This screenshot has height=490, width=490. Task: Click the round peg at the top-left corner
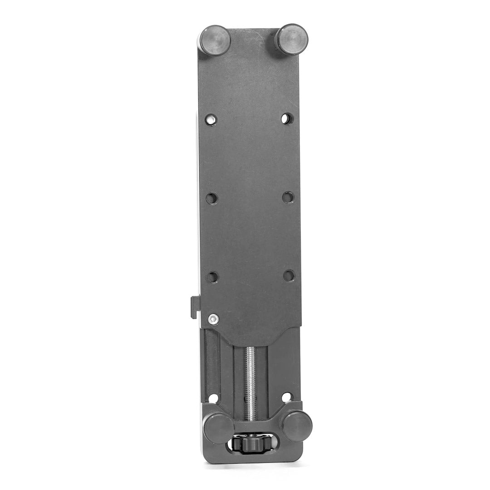coord(214,40)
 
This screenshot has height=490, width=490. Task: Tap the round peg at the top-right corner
coord(292,39)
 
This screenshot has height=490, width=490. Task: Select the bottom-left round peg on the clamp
coord(218,428)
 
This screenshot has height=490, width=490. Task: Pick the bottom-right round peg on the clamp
coord(296,426)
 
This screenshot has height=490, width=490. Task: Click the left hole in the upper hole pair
coord(211,120)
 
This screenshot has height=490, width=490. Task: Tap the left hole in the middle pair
coord(211,198)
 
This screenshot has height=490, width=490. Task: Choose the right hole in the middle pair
coord(288,197)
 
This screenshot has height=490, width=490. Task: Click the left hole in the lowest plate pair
coord(212,277)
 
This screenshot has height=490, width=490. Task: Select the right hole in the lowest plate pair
coord(289,275)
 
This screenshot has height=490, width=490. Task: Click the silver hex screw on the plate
coord(213,319)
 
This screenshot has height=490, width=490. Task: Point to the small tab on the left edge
coord(195,307)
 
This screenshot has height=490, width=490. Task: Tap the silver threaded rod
coord(250,381)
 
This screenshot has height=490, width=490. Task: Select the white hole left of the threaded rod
coord(213,398)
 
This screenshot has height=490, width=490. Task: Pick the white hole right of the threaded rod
coord(287,397)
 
